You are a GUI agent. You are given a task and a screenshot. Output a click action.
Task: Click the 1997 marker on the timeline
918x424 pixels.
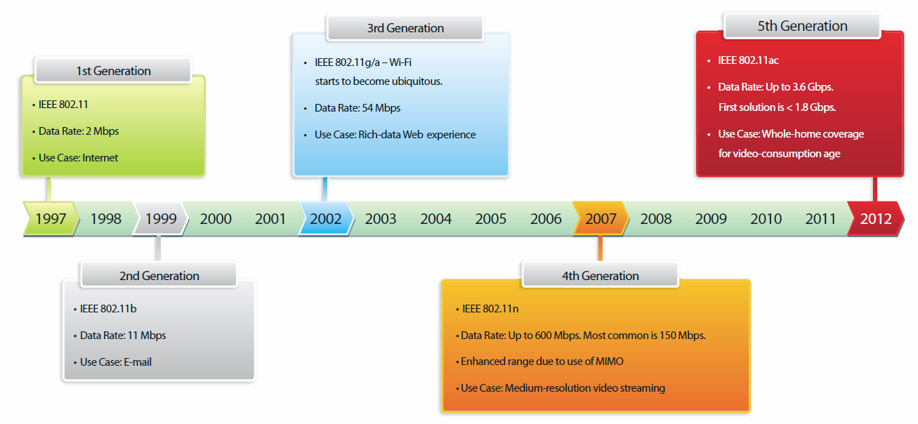point(51,218)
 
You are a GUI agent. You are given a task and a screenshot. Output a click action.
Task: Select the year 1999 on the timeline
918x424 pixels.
point(161,218)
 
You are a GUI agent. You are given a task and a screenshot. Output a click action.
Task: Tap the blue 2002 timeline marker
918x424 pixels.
point(325,218)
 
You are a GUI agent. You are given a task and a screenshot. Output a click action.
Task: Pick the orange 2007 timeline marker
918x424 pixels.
point(601,218)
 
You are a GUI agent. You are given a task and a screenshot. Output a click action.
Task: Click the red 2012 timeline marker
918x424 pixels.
point(876,218)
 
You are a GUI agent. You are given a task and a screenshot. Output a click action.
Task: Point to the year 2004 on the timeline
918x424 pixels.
point(435,218)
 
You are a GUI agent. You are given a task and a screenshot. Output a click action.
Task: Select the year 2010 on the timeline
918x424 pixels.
point(766,218)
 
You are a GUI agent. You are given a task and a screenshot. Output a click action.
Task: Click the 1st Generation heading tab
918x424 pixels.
point(113,71)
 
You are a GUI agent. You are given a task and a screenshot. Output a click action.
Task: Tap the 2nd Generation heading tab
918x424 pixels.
point(159,276)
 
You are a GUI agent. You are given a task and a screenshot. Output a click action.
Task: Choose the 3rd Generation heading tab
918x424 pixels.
point(405,28)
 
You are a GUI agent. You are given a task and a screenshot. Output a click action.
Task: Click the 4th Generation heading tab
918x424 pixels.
point(601,276)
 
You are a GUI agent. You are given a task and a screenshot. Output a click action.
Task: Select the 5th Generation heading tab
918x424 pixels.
point(802,26)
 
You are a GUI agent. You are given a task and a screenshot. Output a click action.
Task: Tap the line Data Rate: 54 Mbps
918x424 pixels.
point(358,108)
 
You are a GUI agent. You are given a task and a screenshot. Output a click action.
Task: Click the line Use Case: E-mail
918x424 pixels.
point(115,362)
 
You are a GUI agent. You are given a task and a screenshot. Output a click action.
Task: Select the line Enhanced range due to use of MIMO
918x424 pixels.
point(542,362)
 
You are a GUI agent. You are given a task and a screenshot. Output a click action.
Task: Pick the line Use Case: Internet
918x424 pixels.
point(78,158)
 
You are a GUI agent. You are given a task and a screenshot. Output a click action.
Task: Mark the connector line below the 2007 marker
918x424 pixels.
point(601,249)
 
